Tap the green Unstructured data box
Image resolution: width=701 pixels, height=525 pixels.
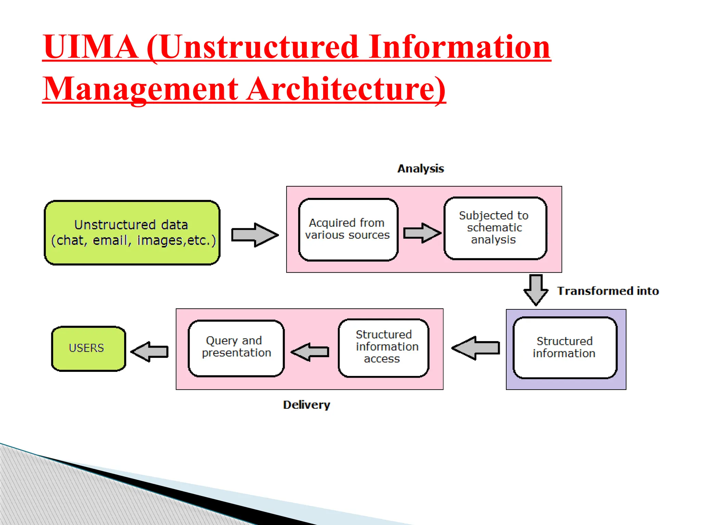132,233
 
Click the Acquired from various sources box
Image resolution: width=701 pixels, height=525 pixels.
348,229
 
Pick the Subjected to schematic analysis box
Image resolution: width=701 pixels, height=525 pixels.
495,228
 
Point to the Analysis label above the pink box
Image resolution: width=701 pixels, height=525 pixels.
420,169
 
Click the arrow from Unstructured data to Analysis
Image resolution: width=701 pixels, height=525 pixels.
254,235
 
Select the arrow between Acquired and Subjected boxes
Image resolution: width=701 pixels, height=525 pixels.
422,233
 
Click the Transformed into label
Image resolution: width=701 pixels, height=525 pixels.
608,291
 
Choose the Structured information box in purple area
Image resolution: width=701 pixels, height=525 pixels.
565,348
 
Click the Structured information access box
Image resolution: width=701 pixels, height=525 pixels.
383,348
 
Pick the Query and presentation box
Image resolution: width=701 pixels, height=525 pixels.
236,348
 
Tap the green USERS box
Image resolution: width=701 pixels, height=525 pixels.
88,348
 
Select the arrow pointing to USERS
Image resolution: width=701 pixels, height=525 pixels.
150,351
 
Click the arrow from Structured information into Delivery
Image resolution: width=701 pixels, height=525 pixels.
476,348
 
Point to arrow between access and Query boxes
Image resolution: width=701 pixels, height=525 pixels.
310,352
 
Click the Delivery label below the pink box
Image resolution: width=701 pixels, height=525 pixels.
306,405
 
